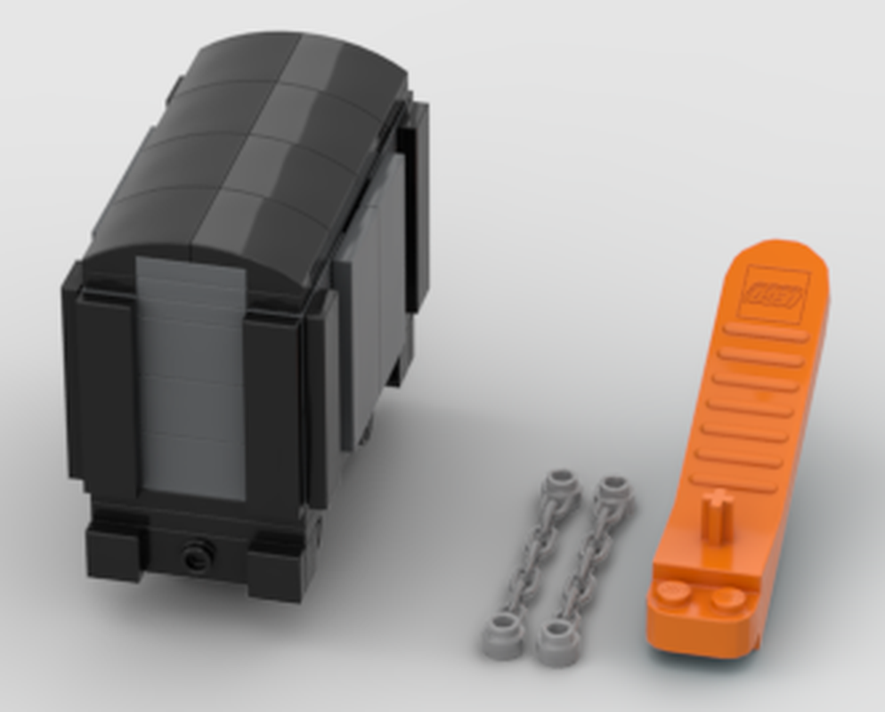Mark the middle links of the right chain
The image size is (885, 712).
point(585,562)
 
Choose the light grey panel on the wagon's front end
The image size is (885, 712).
point(191,374)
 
